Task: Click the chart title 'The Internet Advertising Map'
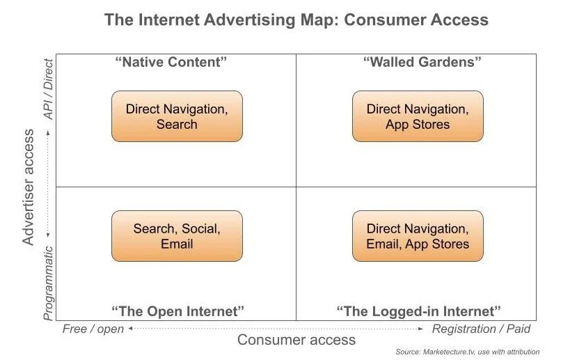[x=296, y=19]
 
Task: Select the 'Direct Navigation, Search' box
[x=177, y=116]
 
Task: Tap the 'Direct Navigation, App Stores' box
[x=418, y=116]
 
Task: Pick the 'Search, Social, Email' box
[x=177, y=236]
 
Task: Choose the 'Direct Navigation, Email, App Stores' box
[x=418, y=236]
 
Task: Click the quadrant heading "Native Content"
[x=171, y=62]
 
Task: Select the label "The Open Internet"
[x=178, y=311]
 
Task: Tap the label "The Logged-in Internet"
[x=418, y=311]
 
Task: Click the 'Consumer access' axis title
[x=297, y=340]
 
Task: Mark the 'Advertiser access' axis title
[x=29, y=187]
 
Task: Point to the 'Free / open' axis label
[x=93, y=329]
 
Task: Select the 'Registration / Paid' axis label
[x=481, y=329]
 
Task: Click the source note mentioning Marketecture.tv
[x=467, y=352]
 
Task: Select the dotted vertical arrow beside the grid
[x=48, y=187]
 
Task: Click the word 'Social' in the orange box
[x=202, y=228]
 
